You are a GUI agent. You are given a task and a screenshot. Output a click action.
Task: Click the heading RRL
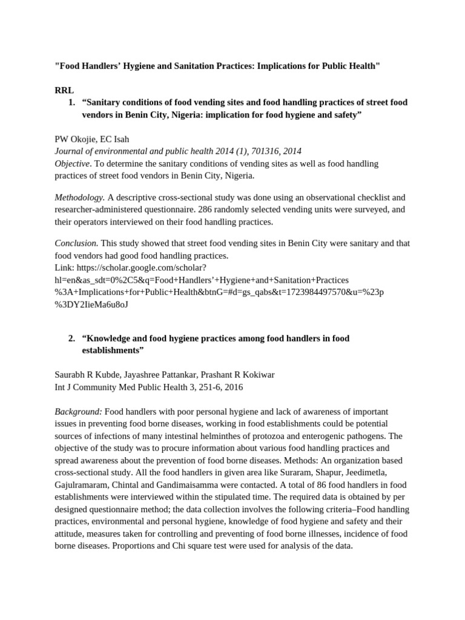coord(64,90)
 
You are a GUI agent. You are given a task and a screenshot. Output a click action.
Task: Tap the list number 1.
coord(72,102)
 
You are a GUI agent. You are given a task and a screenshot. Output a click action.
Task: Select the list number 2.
coord(72,338)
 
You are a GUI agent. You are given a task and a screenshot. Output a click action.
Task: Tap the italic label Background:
coord(79,411)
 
